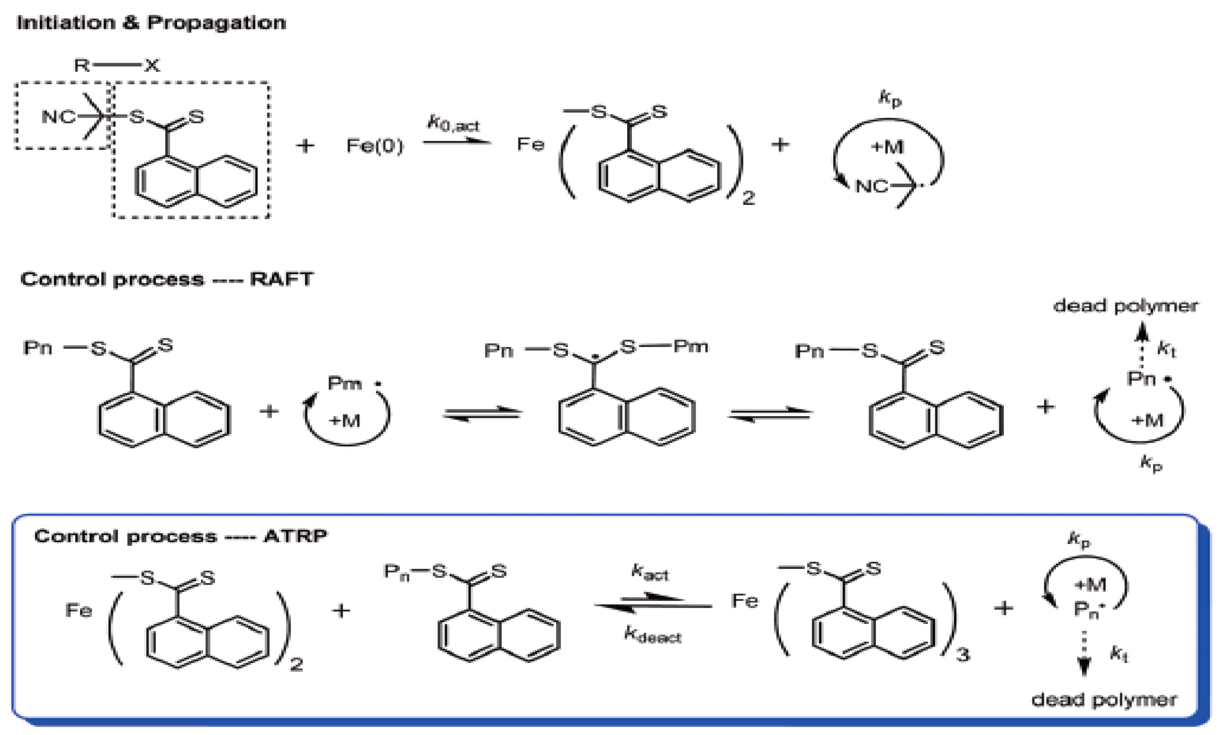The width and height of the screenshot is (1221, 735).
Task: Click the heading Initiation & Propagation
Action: pos(151,23)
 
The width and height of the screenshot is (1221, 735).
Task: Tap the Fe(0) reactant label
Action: pos(375,146)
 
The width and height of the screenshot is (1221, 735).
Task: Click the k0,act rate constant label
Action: pos(453,123)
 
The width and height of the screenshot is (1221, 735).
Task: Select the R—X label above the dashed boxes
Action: pos(117,65)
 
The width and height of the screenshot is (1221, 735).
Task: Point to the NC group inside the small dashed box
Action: pos(59,117)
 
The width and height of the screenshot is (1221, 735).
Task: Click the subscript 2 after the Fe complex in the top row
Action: pos(748,198)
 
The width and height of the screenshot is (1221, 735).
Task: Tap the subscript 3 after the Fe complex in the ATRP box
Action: pos(962,655)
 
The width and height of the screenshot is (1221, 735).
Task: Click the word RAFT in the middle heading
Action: pos(281,279)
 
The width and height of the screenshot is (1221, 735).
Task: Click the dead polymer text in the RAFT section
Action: pos(1125,306)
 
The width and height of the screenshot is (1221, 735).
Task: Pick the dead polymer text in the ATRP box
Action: pos(1104,700)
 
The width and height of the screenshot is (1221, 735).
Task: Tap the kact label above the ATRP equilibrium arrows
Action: pos(650,572)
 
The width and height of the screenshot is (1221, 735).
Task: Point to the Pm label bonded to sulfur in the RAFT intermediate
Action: pos(691,346)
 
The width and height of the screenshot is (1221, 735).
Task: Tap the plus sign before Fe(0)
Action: pos(305,145)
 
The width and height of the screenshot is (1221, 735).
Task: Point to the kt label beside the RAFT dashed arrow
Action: pos(1166,350)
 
